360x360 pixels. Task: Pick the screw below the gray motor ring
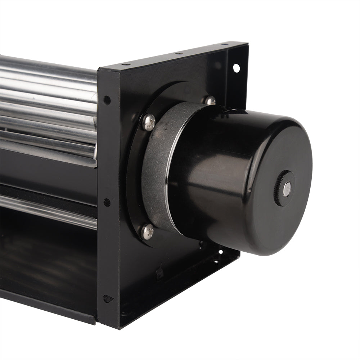(x=148, y=231)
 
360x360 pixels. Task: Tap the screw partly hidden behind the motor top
(x=210, y=100)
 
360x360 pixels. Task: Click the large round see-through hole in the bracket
(x=236, y=67)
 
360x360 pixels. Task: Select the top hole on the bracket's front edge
(x=107, y=100)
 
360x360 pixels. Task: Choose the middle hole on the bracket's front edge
(x=107, y=202)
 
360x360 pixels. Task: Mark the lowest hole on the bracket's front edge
(x=107, y=298)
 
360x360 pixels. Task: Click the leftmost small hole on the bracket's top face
(x=126, y=65)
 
